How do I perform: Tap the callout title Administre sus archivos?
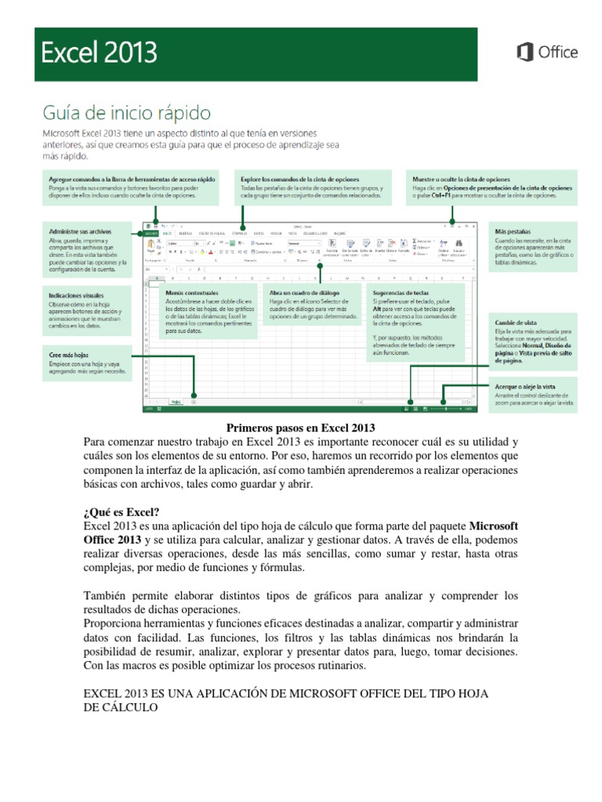coord(80,233)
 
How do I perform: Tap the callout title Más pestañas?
coord(513,233)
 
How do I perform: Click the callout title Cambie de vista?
coord(516,322)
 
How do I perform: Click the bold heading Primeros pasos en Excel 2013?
coord(301,428)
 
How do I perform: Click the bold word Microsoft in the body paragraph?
coord(494,524)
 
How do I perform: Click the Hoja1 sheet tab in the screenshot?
coord(176,401)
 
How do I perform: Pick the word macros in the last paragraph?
coord(150,666)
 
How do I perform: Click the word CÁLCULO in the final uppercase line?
coord(132,707)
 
